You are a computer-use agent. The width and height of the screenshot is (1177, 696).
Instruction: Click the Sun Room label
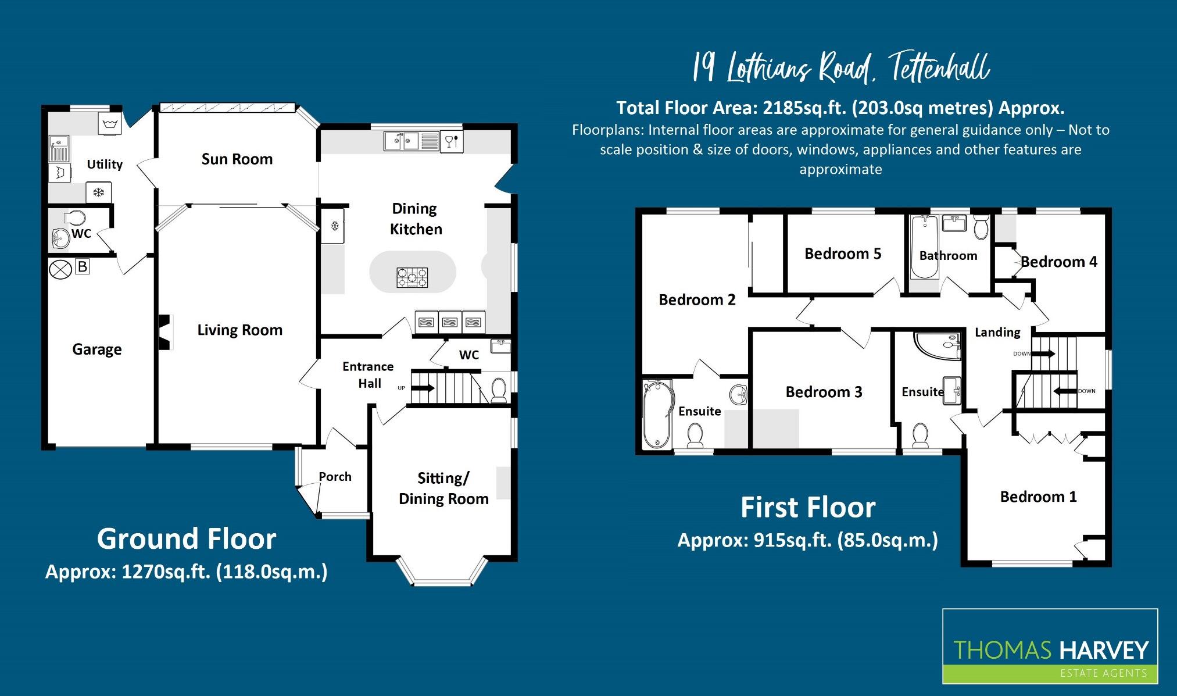click(x=237, y=159)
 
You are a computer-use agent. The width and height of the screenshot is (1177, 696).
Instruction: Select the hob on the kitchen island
click(x=412, y=277)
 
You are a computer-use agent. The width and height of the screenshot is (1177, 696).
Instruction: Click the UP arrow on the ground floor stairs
click(x=423, y=388)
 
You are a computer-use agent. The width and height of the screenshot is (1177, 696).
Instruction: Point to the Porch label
click(x=335, y=477)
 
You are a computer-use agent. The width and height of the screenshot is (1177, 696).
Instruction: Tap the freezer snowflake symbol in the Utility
click(x=98, y=192)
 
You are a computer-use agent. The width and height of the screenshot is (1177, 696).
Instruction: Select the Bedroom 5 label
click(x=842, y=254)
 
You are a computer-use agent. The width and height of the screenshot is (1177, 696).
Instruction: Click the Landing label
click(x=997, y=333)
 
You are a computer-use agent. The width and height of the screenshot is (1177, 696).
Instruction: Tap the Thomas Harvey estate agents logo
click(x=1050, y=646)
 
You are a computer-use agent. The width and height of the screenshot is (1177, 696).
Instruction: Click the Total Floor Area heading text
click(x=840, y=108)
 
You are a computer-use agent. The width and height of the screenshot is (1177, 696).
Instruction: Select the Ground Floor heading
click(x=186, y=539)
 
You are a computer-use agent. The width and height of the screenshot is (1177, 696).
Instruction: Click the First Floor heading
click(x=807, y=508)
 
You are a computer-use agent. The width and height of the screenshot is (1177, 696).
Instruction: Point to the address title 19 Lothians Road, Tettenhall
click(x=840, y=69)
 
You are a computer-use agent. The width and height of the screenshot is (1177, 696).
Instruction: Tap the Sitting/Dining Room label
click(x=443, y=488)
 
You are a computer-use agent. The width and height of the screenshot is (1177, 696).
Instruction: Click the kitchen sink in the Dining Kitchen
click(x=402, y=141)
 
